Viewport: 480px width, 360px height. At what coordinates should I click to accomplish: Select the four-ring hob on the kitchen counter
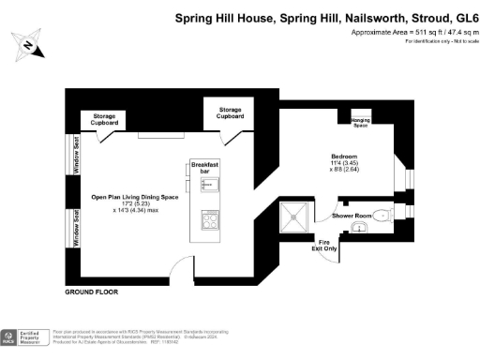209,221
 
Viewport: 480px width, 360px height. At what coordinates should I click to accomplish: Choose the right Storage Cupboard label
230,112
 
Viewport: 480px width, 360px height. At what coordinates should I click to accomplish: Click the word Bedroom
345,156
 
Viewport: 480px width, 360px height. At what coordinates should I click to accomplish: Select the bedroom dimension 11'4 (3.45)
345,163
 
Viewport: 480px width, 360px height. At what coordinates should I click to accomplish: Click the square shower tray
298,217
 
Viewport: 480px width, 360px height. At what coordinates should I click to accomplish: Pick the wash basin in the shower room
363,234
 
